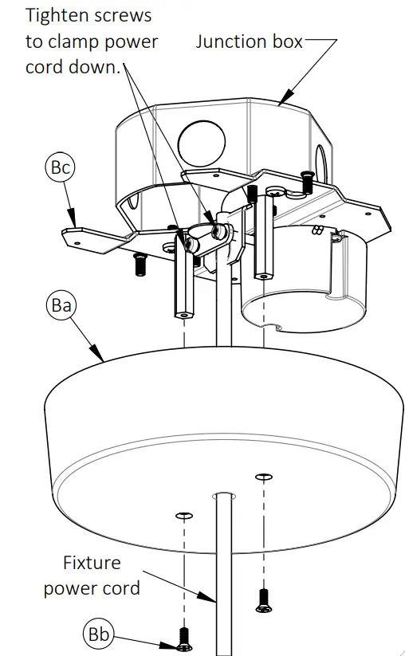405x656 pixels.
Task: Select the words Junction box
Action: [x=250, y=41]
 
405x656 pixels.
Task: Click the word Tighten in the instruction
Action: [x=57, y=15]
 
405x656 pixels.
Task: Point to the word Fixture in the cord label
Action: [x=92, y=563]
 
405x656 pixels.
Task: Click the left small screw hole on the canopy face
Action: [x=184, y=516]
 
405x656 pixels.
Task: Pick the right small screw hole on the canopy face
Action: [x=264, y=477]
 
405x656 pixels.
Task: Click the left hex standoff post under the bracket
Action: [x=182, y=287]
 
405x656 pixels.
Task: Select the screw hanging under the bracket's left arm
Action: [x=141, y=265]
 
